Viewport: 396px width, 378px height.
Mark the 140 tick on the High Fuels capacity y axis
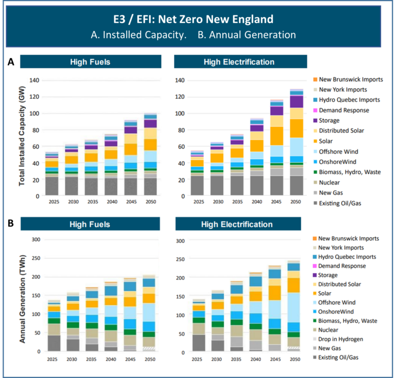tap(35, 81)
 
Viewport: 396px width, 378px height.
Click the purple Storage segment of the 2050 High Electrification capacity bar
tap(296, 102)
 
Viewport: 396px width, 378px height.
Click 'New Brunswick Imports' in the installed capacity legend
tap(351, 80)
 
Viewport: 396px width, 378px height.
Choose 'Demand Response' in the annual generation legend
tap(342, 266)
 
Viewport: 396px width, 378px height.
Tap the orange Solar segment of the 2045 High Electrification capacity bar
tap(277, 136)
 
